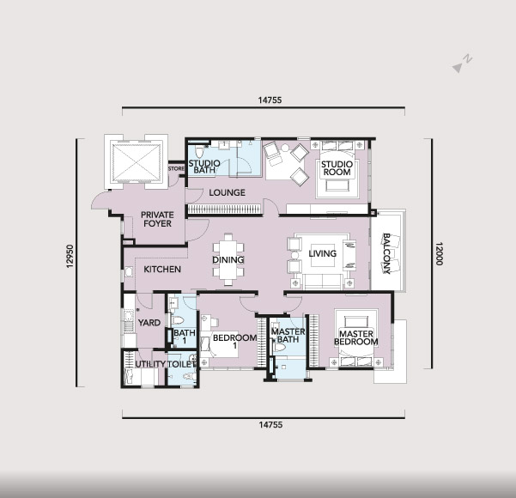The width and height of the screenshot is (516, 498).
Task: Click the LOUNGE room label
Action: click(227, 192)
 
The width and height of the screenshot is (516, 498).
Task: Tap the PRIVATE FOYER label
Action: click(157, 219)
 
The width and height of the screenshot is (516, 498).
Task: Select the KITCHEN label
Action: click(162, 270)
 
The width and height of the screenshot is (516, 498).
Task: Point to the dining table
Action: click(228, 259)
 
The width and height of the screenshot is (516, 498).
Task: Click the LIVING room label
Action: click(323, 253)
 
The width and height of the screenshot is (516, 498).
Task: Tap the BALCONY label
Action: click(386, 253)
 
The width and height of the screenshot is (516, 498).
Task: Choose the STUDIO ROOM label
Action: click(337, 168)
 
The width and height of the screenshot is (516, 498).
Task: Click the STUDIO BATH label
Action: click(204, 167)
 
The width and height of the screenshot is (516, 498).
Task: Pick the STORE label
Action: click(176, 168)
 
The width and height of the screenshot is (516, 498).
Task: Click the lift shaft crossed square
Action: click(137, 162)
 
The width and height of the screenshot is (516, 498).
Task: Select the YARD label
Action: click(149, 323)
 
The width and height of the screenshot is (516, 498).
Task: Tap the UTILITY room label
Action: click(150, 364)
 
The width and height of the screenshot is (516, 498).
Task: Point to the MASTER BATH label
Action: click(288, 336)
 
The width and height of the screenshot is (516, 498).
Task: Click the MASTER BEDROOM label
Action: click(356, 338)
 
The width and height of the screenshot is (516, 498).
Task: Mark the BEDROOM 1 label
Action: click(234, 342)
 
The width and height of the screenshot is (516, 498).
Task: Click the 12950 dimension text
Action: click(70, 256)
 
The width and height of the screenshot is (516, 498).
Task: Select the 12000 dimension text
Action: click(440, 253)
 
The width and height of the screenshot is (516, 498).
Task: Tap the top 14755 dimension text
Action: click(270, 100)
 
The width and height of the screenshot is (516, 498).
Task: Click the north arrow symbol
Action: click(462, 64)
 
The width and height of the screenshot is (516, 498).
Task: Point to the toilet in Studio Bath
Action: click(199, 152)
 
